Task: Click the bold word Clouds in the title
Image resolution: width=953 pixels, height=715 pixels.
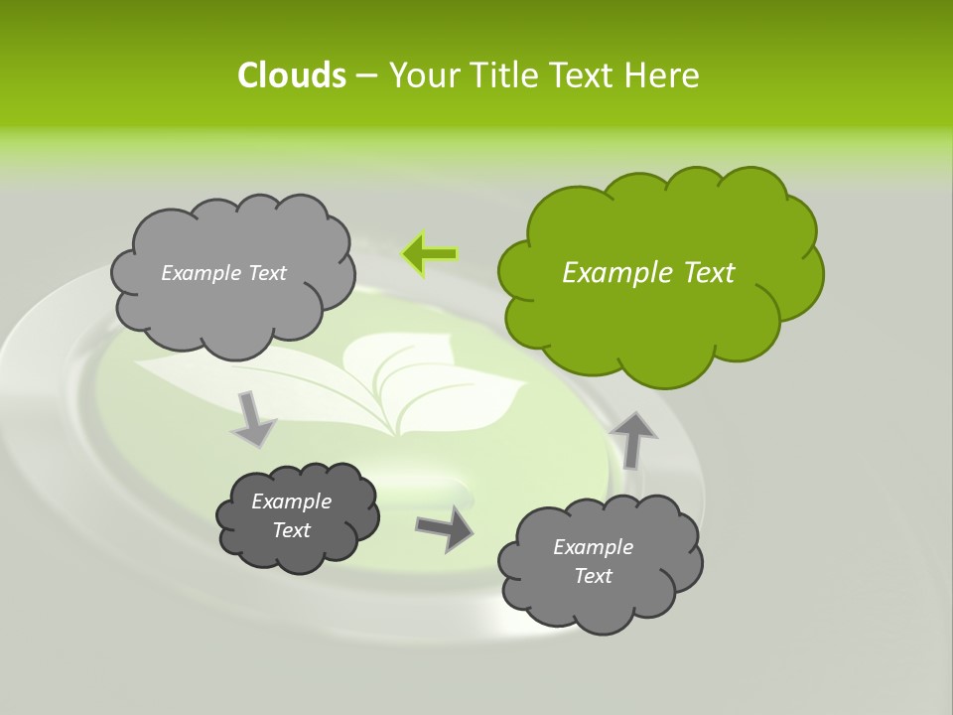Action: (291, 75)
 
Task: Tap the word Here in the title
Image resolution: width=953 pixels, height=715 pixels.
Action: (661, 75)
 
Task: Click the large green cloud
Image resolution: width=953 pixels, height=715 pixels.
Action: (660, 273)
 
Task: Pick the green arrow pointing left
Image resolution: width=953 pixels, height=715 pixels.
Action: (429, 254)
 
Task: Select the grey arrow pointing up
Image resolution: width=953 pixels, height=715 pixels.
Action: (635, 438)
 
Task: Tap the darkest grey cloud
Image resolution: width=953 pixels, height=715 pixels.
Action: (297, 516)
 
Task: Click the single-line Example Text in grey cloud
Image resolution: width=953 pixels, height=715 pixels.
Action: (223, 273)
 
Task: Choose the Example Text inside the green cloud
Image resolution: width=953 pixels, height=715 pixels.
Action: (648, 273)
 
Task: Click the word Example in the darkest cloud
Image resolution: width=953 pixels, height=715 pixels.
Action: (291, 501)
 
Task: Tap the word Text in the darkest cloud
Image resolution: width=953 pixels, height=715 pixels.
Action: (291, 530)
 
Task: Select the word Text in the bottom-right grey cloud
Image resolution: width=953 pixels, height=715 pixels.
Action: (593, 576)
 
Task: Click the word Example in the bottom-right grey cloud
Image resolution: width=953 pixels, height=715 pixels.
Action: (593, 547)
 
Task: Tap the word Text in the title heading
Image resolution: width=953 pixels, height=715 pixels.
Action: (581, 75)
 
